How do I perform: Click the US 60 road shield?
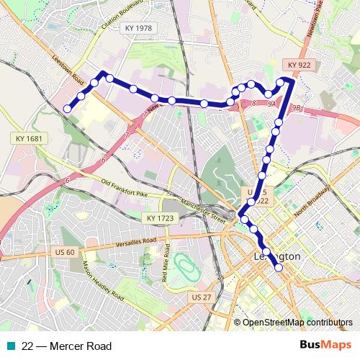coord(64,252)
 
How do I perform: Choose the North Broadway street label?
coord(315,196)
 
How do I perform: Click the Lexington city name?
coord(278,258)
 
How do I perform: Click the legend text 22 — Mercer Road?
coord(67,346)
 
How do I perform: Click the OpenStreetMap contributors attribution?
coord(297,323)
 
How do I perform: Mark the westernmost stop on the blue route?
coord(67,109)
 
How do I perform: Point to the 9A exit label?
coord(272,105)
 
